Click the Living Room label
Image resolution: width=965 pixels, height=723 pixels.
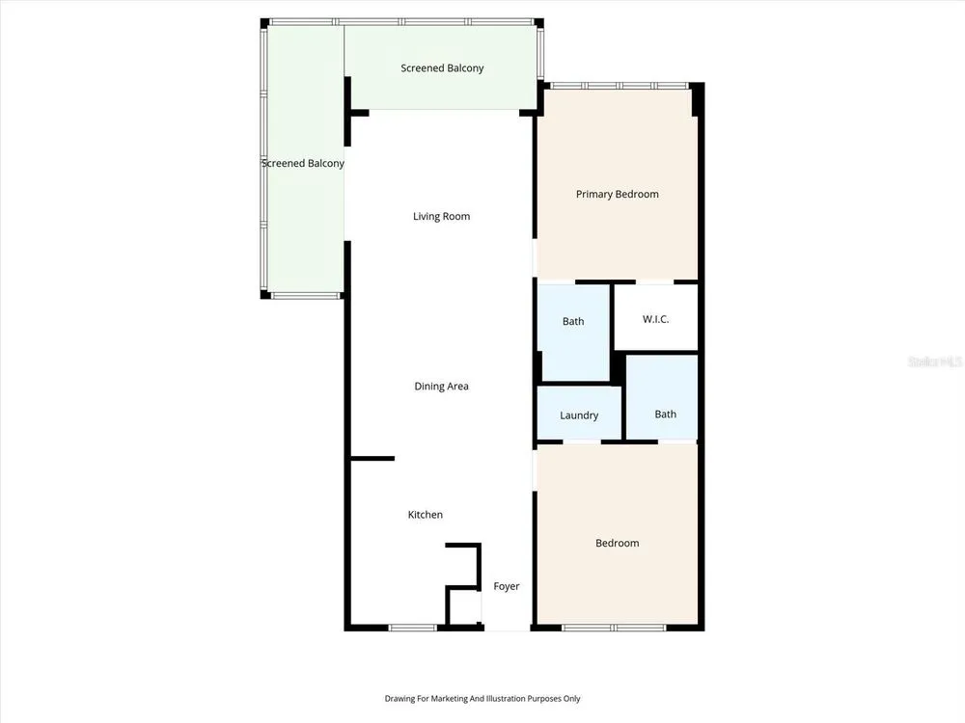click(441, 216)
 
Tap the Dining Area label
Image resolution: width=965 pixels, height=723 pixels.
click(441, 387)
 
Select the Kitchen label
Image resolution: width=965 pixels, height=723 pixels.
click(426, 515)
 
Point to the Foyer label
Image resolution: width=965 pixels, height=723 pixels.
click(507, 586)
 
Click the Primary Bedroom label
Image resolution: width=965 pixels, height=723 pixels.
click(618, 195)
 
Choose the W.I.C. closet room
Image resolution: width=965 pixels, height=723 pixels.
click(656, 317)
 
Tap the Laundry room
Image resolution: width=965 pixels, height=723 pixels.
click(579, 414)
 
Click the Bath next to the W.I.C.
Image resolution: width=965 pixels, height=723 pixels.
click(573, 332)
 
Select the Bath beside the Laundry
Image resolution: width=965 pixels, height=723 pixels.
click(662, 397)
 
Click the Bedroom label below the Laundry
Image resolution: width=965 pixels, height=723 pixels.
click(618, 543)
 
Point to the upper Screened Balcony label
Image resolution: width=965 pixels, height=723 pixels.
click(442, 68)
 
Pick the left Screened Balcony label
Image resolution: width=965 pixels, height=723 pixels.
click(303, 163)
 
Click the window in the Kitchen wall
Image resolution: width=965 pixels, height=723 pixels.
click(412, 628)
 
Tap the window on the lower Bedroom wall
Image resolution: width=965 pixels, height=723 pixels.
click(614, 628)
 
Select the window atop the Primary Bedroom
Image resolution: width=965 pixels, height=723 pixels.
click(619, 86)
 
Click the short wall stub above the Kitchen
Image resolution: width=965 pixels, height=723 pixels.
click(372, 458)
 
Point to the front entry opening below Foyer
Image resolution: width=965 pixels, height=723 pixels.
click(508, 628)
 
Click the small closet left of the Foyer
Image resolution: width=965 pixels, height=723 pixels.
click(463, 607)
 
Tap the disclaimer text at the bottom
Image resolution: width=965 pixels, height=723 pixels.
click(482, 698)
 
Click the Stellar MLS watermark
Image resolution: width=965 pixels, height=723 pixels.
click(935, 361)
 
